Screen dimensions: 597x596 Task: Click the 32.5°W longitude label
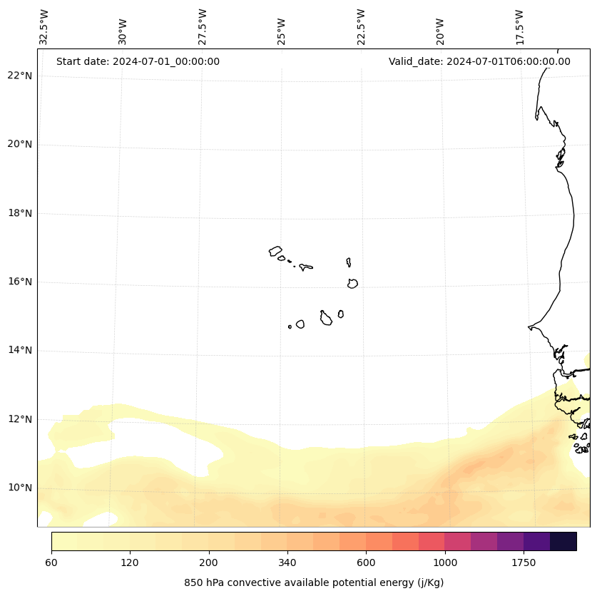44,27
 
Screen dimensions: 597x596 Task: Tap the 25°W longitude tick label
281,31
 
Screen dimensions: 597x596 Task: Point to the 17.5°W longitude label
520,27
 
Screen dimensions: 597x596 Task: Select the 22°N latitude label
20,76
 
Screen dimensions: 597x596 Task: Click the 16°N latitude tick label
20,282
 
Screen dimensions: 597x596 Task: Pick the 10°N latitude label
20,488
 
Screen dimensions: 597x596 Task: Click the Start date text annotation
138,61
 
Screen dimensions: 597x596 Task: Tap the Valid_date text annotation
479,61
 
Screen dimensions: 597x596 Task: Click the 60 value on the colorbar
51,562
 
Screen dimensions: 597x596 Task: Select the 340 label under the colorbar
287,562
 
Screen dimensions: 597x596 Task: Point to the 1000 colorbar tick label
444,562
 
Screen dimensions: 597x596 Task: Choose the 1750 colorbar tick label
524,562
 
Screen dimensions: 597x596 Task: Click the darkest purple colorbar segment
563,542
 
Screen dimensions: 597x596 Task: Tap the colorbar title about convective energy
314,582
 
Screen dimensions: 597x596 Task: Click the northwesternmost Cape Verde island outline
275,251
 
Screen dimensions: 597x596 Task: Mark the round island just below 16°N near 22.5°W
352,284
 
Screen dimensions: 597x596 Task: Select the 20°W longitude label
440,31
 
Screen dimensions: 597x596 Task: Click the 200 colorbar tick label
209,562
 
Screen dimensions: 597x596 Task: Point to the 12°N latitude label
20,419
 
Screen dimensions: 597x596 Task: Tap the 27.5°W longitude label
202,27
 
